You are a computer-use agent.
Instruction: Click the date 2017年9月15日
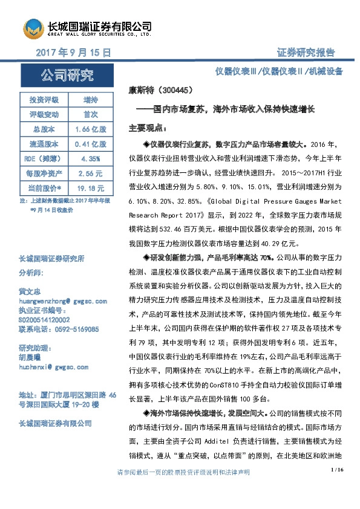[x=74, y=53]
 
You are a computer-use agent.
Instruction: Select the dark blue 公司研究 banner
[x=67, y=76]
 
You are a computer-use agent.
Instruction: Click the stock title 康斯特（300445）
[x=160, y=90]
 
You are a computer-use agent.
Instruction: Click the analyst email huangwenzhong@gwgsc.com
[x=63, y=300]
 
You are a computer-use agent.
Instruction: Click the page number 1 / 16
[x=338, y=487]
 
